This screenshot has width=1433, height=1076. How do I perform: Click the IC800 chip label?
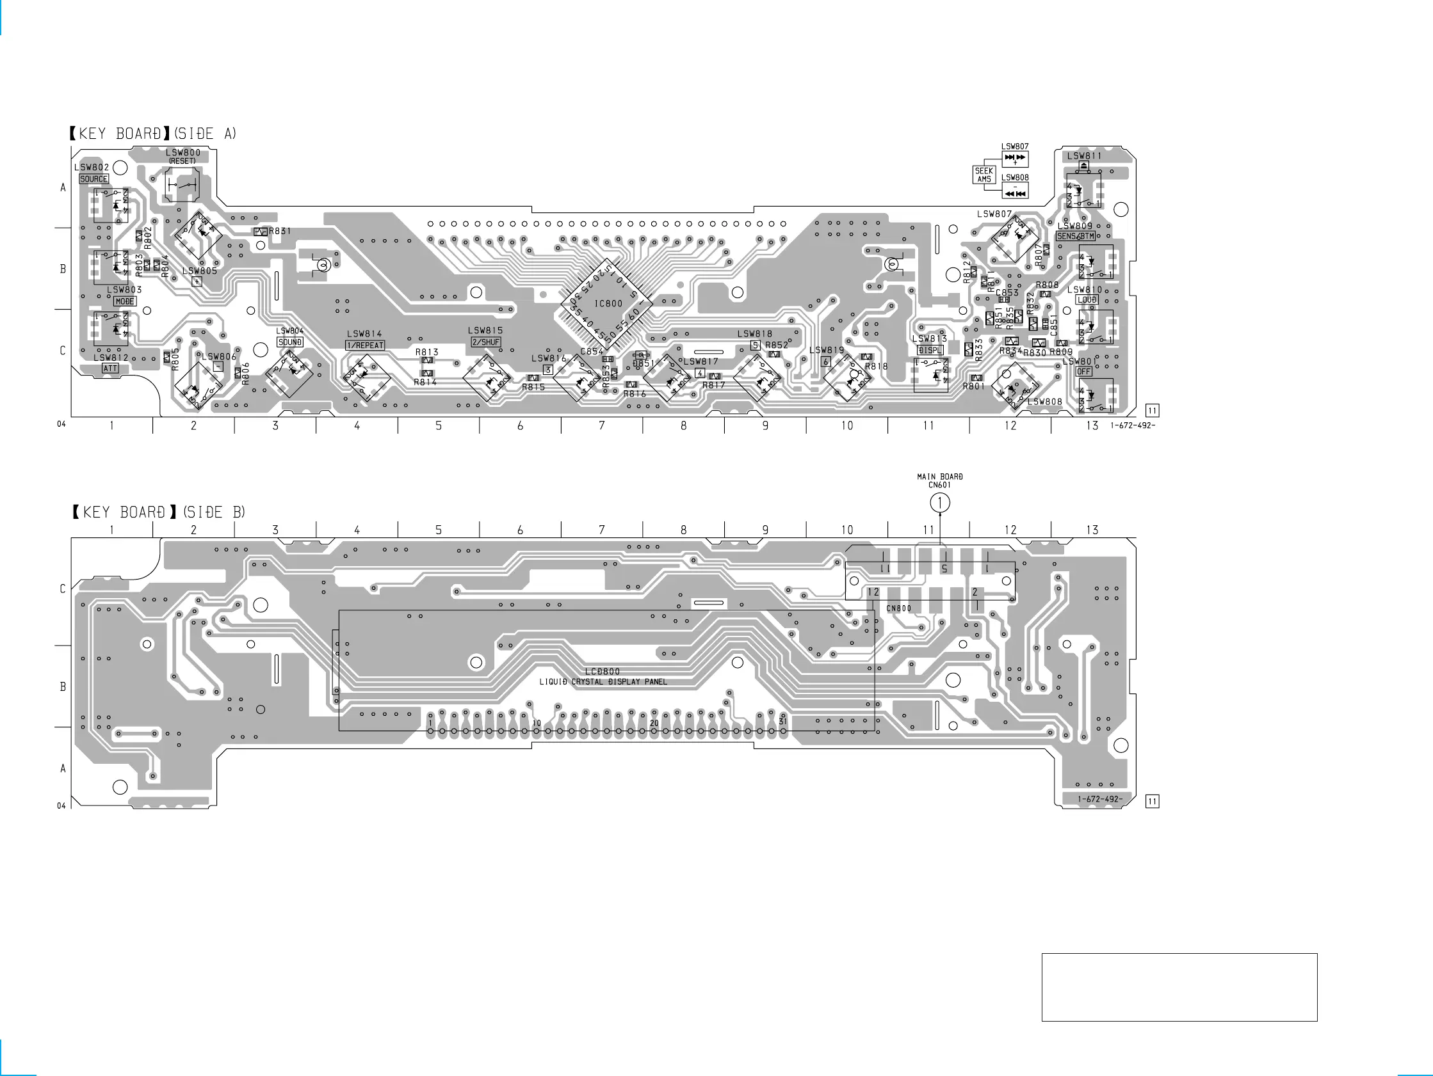pyautogui.click(x=608, y=304)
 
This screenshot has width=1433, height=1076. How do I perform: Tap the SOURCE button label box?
pyautogui.click(x=94, y=179)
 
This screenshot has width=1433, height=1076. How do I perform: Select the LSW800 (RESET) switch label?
pyautogui.click(x=182, y=156)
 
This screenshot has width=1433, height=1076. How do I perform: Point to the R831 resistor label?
pyautogui.click(x=280, y=231)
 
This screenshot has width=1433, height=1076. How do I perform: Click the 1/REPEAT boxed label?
pyautogui.click(x=366, y=345)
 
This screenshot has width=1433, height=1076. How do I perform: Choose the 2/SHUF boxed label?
pyautogui.click(x=486, y=342)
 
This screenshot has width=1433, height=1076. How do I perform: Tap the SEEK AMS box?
pyautogui.click(x=984, y=175)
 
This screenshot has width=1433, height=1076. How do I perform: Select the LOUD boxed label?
pyautogui.click(x=1087, y=300)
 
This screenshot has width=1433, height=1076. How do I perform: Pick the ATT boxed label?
pyautogui.click(x=111, y=368)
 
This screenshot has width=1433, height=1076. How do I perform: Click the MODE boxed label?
pyautogui.click(x=125, y=301)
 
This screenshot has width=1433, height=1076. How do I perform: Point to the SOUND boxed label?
pyautogui.click(x=290, y=342)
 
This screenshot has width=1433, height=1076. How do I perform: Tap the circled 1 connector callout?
pyautogui.click(x=940, y=502)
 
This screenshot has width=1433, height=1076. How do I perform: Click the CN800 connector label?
pyautogui.click(x=898, y=608)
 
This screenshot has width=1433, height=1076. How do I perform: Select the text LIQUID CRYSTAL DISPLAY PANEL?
pyautogui.click(x=603, y=682)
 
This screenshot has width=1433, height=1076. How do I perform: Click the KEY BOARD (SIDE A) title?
pyautogui.click(x=153, y=134)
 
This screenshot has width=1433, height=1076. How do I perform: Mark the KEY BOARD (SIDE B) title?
pyautogui.click(x=158, y=513)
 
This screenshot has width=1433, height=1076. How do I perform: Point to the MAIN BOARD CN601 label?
pyautogui.click(x=940, y=480)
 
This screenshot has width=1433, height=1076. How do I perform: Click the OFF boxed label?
pyautogui.click(x=1084, y=372)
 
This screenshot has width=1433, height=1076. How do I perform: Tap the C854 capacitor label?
pyautogui.click(x=592, y=352)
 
